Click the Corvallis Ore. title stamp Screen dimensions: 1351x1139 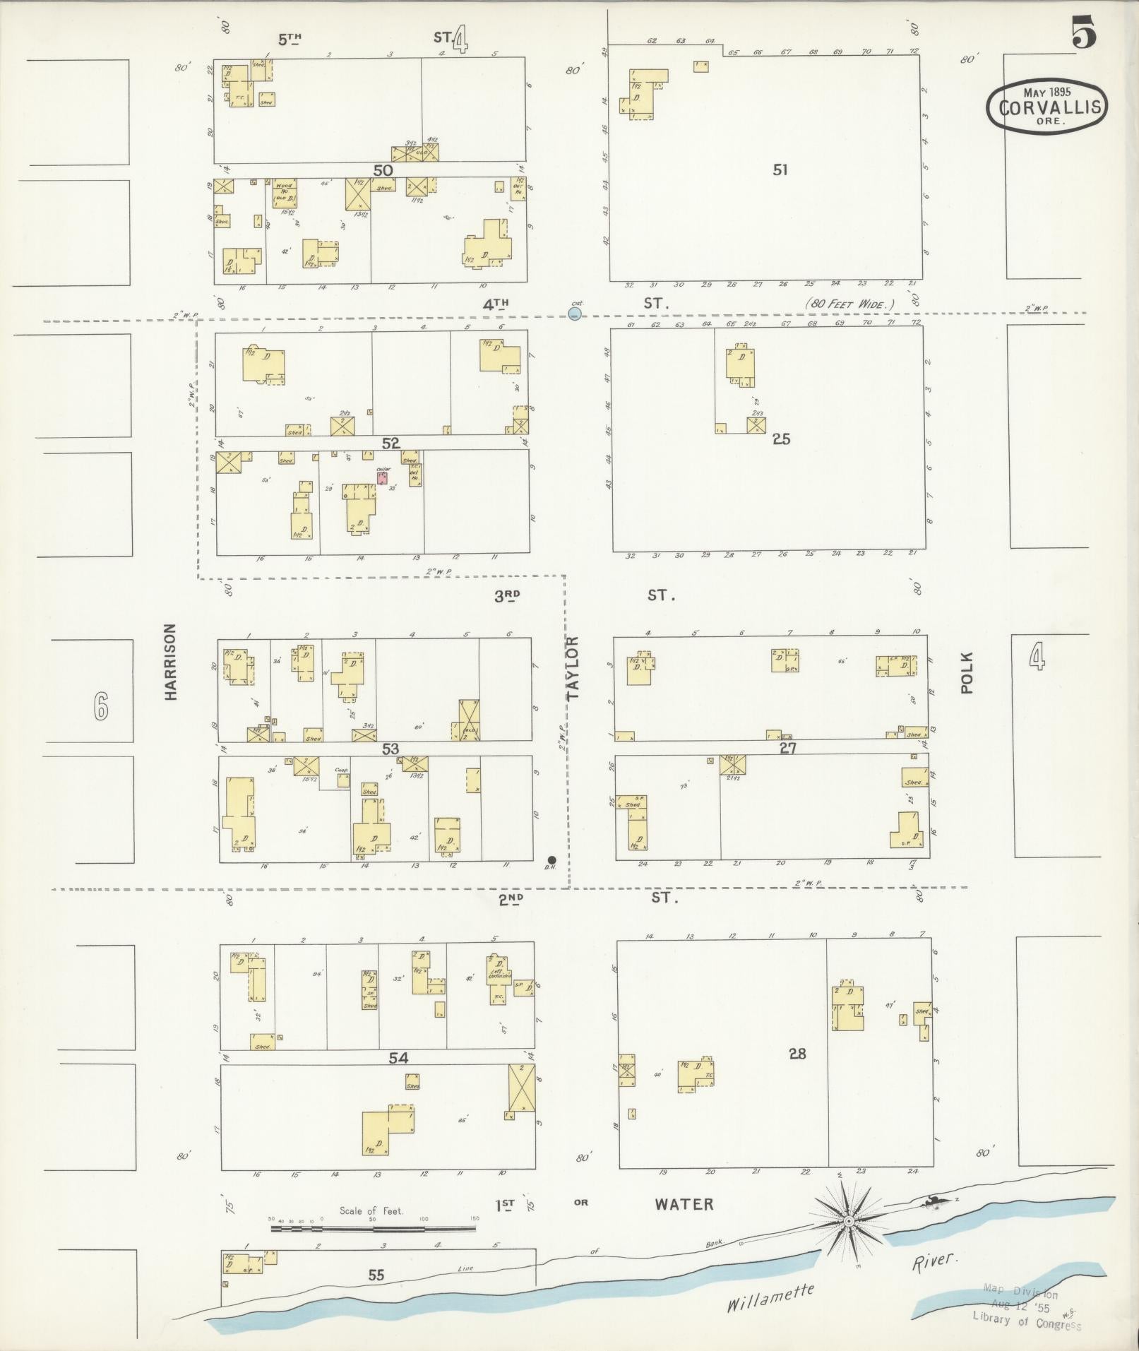tap(1046, 106)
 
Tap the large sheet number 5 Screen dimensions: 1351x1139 tap(1083, 35)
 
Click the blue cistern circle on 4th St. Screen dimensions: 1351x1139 tap(575, 312)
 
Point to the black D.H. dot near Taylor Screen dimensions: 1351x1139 tap(551, 859)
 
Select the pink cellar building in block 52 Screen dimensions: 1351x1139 tap(382, 478)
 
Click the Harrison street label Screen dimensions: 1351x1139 tap(170, 662)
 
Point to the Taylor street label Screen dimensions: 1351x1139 tap(573, 667)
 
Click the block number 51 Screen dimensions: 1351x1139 tap(780, 169)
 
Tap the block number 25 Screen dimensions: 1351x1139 tap(781, 439)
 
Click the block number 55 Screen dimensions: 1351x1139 tap(376, 1275)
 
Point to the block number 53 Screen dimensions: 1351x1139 tap(390, 749)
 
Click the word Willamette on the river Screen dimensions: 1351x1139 tap(770, 1297)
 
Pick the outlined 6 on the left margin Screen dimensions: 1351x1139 tap(101, 706)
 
